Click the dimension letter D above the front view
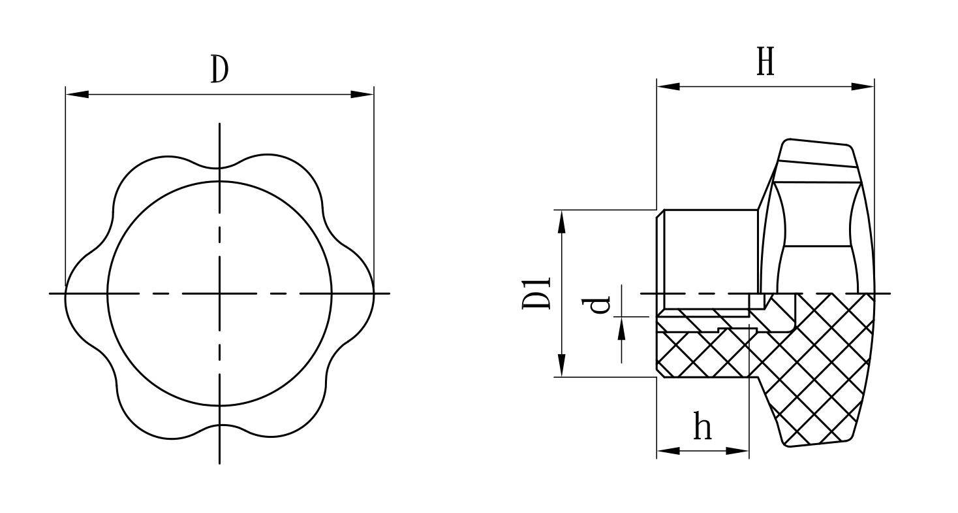(220, 69)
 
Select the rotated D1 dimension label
(536, 293)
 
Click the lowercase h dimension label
(703, 425)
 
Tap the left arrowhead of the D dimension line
(77, 94)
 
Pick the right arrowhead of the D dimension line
(362, 94)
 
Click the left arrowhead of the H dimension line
(668, 86)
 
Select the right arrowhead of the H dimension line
(863, 86)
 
